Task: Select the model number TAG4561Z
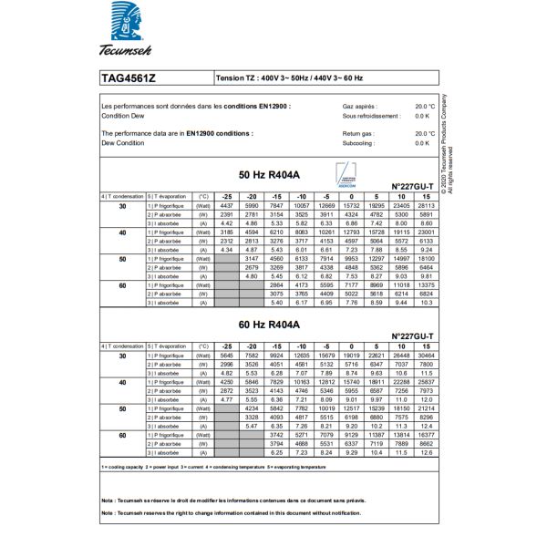point(129,78)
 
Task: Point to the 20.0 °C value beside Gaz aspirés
point(424,107)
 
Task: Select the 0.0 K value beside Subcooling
point(422,143)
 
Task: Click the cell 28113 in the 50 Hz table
point(426,207)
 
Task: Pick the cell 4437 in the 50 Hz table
point(227,207)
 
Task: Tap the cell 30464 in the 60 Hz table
point(426,356)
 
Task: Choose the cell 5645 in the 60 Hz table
point(227,356)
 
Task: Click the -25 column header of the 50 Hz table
point(227,196)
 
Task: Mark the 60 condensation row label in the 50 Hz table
point(122,285)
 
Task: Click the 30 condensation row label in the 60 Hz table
point(122,356)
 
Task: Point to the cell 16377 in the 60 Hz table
point(426,436)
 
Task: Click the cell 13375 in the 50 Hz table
point(426,285)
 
